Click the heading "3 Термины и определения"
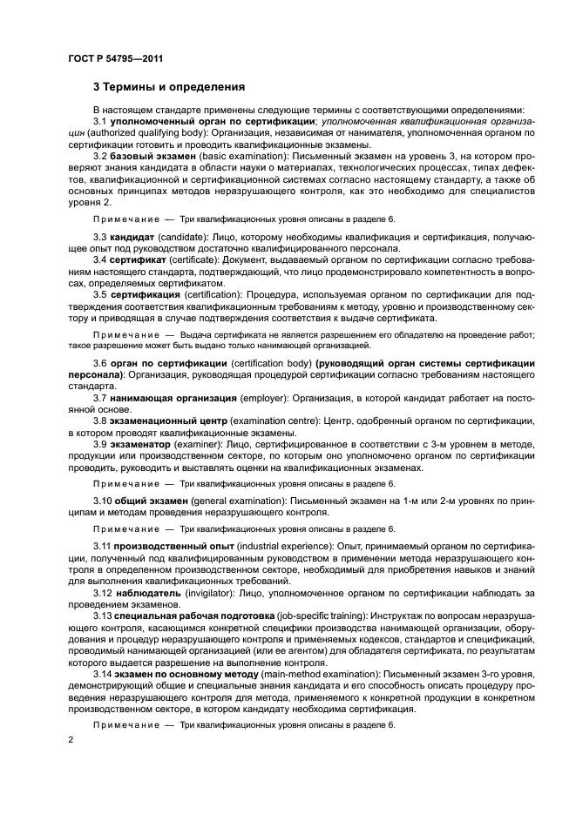167,87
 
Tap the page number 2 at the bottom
70,738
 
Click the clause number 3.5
101,295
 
